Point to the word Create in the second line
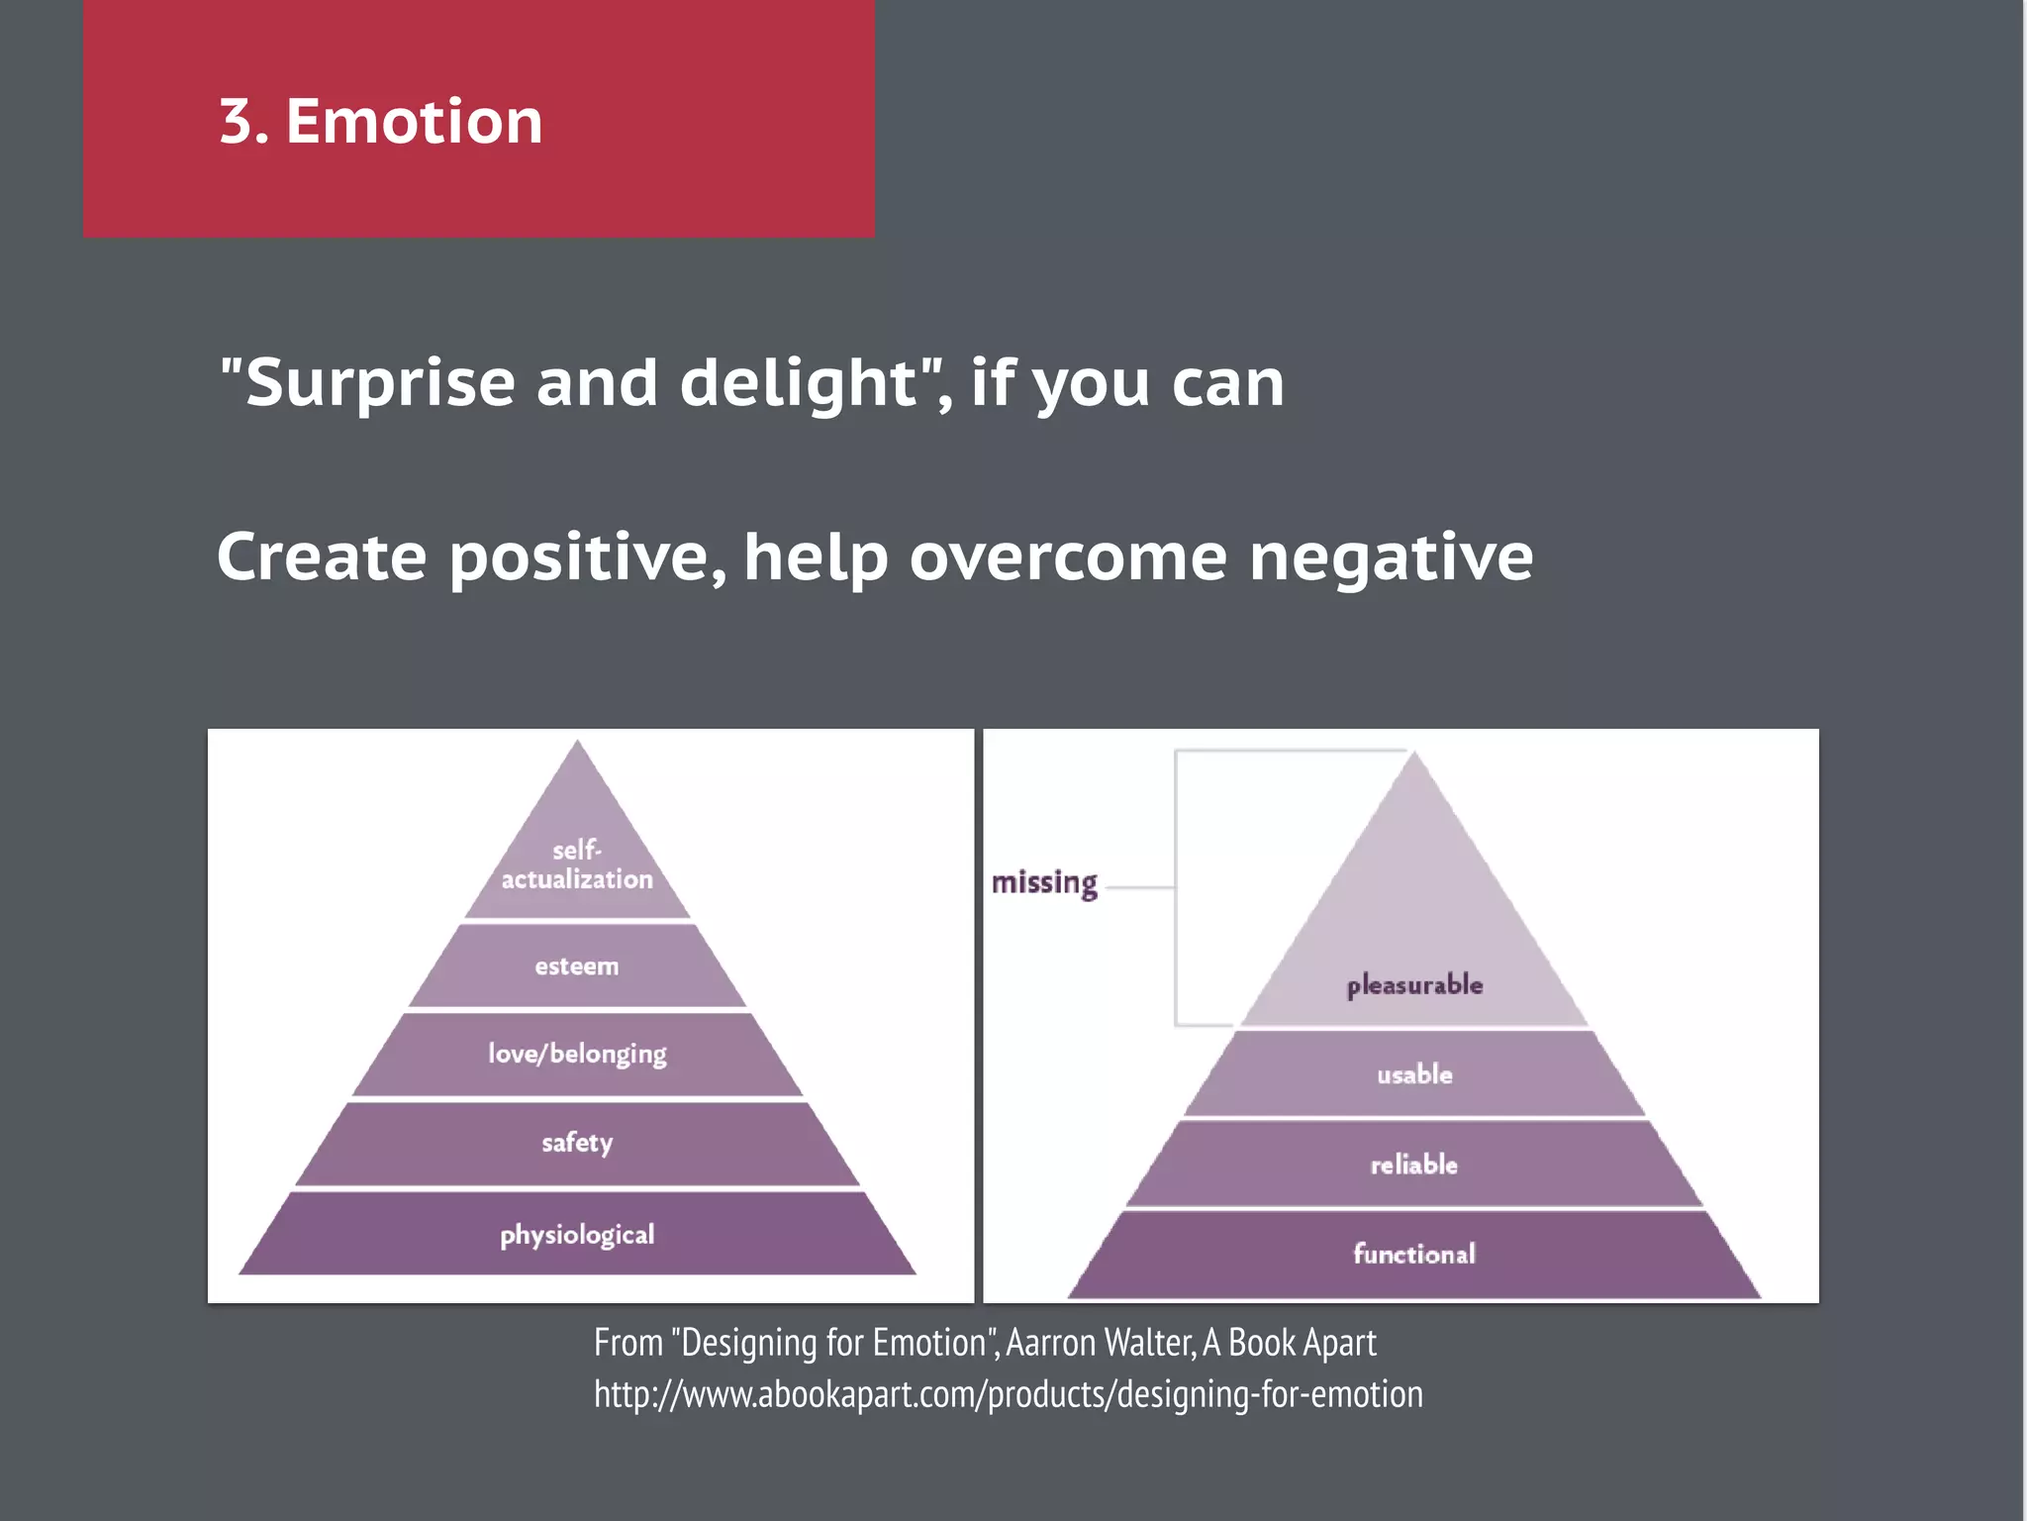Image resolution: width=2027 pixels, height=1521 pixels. [x=322, y=557]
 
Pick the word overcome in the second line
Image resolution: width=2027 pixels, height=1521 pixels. [x=1068, y=558]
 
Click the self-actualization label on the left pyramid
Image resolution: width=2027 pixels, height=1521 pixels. [x=577, y=864]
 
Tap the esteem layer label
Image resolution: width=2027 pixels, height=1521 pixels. [x=577, y=966]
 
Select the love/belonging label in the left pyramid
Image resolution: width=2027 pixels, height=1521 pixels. [x=577, y=1054]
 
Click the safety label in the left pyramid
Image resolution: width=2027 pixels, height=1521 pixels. [x=577, y=1143]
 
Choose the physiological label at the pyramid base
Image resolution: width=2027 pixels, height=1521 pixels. [x=577, y=1235]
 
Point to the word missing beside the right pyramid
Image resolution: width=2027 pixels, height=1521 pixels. [x=1044, y=882]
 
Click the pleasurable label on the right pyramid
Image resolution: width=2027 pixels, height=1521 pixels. [x=1414, y=985]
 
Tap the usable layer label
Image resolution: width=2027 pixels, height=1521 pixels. [x=1414, y=1074]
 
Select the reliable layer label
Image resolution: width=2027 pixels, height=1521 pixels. [x=1414, y=1165]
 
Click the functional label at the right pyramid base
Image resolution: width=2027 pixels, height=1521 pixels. [x=1414, y=1255]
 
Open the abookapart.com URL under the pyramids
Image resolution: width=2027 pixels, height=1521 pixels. [x=1008, y=1394]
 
